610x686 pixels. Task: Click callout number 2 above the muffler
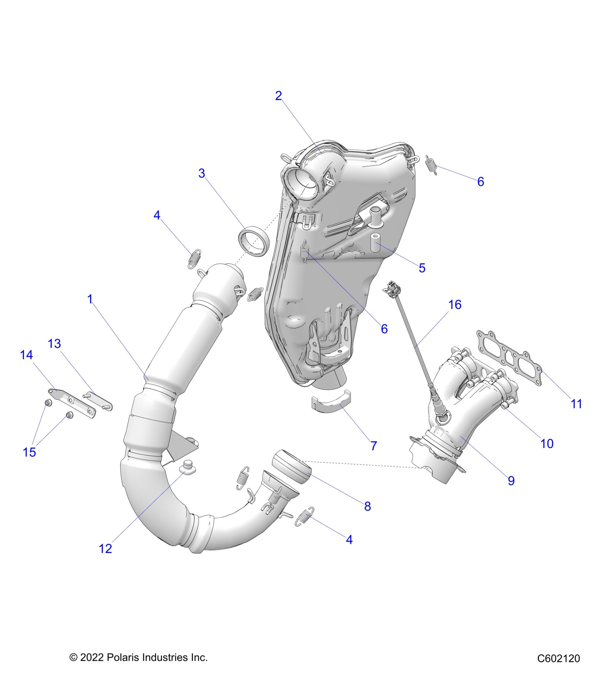tap(278, 96)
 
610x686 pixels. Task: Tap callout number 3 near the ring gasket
tap(202, 173)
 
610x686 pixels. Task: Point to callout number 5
tap(422, 268)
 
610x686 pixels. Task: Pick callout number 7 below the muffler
tap(374, 446)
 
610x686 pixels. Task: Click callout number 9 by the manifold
tap(511, 480)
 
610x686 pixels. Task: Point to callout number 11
tap(576, 404)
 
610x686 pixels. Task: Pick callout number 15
tap(29, 452)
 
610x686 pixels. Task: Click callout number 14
tap(26, 355)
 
